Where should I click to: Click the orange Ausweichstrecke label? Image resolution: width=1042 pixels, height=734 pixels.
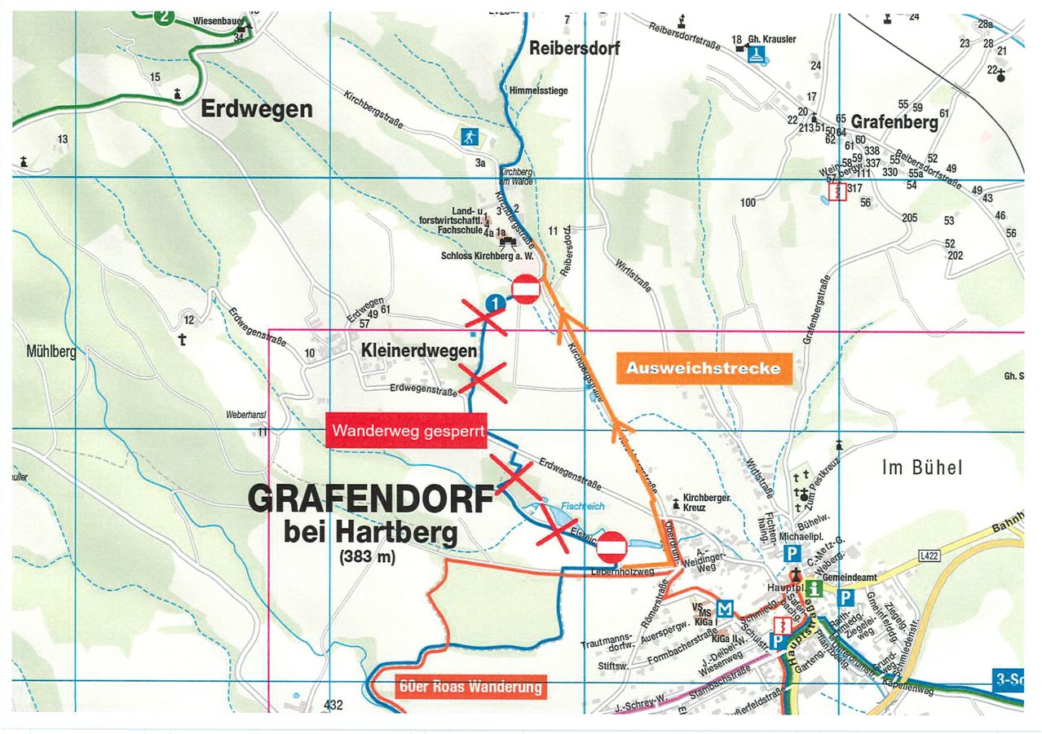pyautogui.click(x=703, y=368)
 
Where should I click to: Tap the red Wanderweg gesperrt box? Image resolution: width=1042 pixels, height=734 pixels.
pyautogui.click(x=408, y=431)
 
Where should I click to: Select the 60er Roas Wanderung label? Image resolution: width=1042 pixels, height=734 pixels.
pyautogui.click(x=470, y=687)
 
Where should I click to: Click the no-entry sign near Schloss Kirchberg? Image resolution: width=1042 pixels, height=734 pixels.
pyautogui.click(x=525, y=289)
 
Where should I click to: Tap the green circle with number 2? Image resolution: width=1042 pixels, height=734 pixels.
pyautogui.click(x=166, y=16)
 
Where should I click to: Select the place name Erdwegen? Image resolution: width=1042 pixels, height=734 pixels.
pyautogui.click(x=256, y=109)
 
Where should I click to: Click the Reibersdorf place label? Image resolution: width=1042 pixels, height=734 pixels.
pyautogui.click(x=574, y=48)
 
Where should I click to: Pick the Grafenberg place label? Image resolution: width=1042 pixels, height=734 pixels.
pyautogui.click(x=894, y=121)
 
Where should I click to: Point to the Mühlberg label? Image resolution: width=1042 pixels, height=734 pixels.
pyautogui.click(x=51, y=352)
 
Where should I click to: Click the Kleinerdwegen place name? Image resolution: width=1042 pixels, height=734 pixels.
pyautogui.click(x=419, y=351)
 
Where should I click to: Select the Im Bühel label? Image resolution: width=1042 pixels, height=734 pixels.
pyautogui.click(x=922, y=468)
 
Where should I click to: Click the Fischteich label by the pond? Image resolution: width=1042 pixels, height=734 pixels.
pyautogui.click(x=577, y=505)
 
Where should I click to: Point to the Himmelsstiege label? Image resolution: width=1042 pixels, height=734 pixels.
pyautogui.click(x=538, y=90)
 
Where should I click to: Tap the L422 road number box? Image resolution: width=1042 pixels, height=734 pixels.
pyautogui.click(x=929, y=556)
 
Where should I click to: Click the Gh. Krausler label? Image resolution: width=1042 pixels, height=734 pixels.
pyautogui.click(x=771, y=39)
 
